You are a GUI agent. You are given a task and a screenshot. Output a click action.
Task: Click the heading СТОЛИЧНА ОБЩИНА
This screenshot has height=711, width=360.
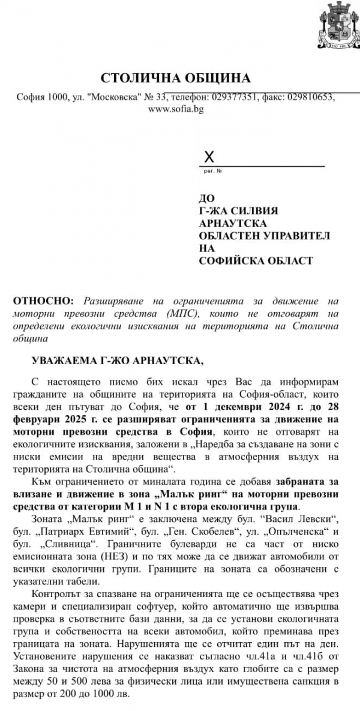pyautogui.click(x=176, y=79)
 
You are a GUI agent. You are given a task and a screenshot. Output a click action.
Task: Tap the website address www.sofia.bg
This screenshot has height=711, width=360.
pyautogui.click(x=175, y=109)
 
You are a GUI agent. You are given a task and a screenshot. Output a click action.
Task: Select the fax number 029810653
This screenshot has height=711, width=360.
pyautogui.click(x=311, y=97)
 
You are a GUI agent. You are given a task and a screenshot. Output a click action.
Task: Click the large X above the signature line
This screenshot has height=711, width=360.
pyautogui.click(x=209, y=158)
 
